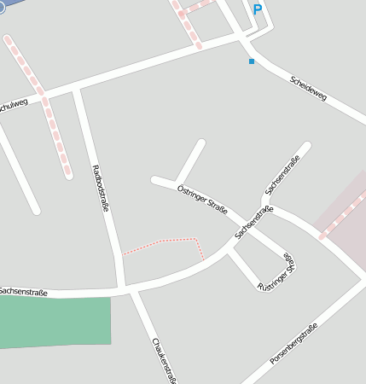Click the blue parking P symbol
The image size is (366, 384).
pyautogui.click(x=257, y=9)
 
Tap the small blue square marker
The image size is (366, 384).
pyautogui.click(x=251, y=61)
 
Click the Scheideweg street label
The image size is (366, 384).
pyautogui.click(x=309, y=88)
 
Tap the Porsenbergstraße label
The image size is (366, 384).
pyautogui.click(x=293, y=345)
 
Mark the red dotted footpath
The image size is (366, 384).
pyautogui.click(x=161, y=242)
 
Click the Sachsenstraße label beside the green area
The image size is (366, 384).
pyautogui.click(x=23, y=292)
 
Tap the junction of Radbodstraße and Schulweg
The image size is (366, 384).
pyautogui.click(x=78, y=88)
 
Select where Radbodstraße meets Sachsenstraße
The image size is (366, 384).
pyautogui.click(x=125, y=288)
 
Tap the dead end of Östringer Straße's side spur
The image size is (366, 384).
pyautogui.click(x=201, y=143)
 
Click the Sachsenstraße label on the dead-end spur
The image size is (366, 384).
pyautogui.click(x=282, y=174)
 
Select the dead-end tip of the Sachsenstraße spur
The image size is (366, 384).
pyautogui.click(x=305, y=147)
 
